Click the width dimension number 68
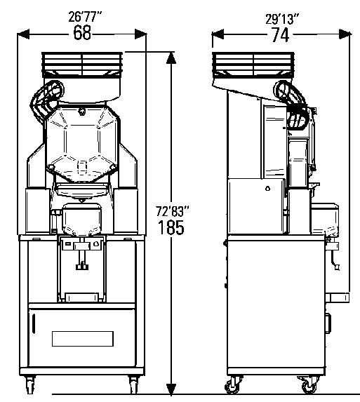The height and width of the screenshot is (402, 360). [x=82, y=32]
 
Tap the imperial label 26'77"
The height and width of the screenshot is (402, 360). [x=85, y=17]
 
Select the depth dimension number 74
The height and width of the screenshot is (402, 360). [x=280, y=34]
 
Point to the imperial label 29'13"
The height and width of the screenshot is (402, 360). [x=282, y=19]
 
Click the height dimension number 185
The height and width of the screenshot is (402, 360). [x=171, y=227]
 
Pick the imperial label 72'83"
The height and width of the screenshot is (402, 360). [x=173, y=212]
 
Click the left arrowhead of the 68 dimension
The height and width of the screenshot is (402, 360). [x=24, y=34]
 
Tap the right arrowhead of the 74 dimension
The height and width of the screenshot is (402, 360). [x=345, y=34]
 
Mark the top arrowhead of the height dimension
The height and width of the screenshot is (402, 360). [x=171, y=58]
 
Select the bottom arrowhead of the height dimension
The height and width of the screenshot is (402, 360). [x=171, y=389]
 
